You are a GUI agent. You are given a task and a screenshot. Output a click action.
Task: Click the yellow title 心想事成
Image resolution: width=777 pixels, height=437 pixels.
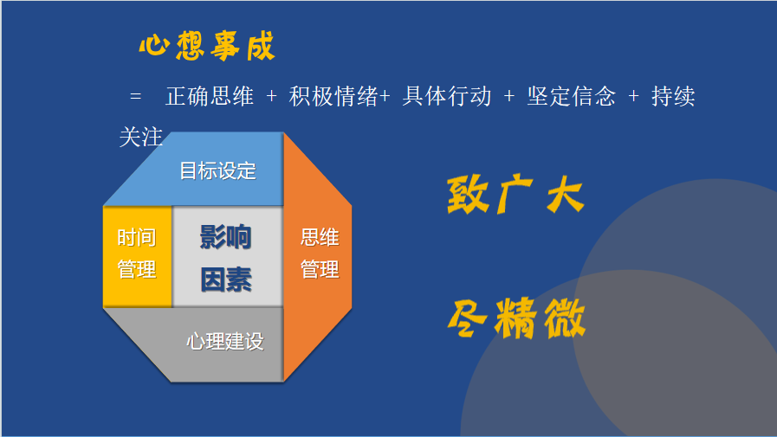(x=207, y=47)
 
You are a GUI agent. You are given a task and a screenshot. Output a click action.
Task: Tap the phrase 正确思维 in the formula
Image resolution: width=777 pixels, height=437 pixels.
(x=210, y=96)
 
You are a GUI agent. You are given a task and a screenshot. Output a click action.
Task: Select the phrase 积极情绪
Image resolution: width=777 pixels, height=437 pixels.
(x=333, y=96)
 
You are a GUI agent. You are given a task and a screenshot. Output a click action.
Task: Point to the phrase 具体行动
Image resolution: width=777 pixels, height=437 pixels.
(x=446, y=96)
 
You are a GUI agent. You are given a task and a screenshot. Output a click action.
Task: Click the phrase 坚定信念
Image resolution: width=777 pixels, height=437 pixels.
(x=571, y=96)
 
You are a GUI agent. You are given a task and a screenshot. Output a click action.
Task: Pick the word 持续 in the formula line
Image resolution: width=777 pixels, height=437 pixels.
(x=673, y=96)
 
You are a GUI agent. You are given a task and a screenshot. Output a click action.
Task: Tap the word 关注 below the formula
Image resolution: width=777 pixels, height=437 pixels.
(x=141, y=137)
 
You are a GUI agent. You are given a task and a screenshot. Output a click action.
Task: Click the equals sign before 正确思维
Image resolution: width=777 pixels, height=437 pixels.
(x=135, y=96)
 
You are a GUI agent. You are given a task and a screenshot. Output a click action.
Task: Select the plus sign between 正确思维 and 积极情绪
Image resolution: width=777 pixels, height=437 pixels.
(x=271, y=96)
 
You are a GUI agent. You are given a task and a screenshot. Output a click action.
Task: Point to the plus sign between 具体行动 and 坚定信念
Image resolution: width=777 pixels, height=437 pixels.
(x=509, y=96)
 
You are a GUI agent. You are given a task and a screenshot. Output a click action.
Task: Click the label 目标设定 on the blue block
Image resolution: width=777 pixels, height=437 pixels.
(x=218, y=170)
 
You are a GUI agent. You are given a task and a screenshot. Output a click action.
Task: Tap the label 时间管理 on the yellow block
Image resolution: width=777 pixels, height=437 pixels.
(x=137, y=254)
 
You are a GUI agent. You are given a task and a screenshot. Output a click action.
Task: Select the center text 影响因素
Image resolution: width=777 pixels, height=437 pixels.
(x=226, y=258)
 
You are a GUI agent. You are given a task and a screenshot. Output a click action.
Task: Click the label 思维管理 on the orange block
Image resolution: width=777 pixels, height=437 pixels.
(x=320, y=254)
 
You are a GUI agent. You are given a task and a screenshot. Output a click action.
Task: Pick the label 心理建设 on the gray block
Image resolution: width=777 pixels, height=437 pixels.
(x=225, y=342)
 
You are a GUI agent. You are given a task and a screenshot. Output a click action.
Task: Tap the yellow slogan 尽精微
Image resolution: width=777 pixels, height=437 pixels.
(x=516, y=318)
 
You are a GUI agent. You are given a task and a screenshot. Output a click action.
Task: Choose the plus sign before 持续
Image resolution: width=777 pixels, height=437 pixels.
(x=633, y=96)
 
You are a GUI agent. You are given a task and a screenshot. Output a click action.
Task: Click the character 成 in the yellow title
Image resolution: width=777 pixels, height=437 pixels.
(x=261, y=47)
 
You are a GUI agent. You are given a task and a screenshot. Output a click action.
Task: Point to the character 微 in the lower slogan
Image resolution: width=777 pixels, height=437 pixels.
(x=565, y=318)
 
